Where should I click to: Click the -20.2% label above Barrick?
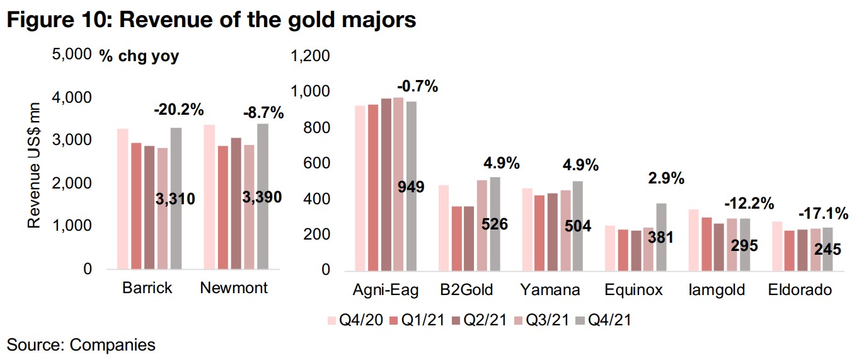point(179,110)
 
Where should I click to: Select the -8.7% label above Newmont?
point(263,113)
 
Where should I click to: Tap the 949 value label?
point(410,187)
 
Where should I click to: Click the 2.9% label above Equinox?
point(667,178)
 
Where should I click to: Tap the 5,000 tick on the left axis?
point(74,55)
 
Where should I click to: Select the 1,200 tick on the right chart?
point(308,57)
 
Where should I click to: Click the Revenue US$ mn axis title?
point(36,165)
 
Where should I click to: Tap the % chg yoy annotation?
point(139,56)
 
